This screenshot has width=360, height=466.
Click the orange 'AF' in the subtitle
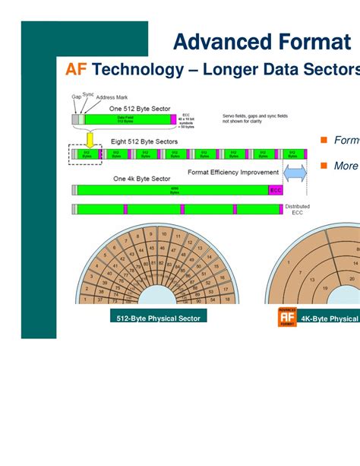point(76,71)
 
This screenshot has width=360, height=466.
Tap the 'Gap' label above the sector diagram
point(76,97)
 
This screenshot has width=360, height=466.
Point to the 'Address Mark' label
point(112,98)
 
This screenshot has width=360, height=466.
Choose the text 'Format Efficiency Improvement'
point(232,173)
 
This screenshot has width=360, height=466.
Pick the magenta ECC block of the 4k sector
point(276,190)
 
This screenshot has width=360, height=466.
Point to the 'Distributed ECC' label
point(297,209)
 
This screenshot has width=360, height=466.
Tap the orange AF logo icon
point(281,318)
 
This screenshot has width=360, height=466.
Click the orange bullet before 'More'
point(323,165)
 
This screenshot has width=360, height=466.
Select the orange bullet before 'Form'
point(323,141)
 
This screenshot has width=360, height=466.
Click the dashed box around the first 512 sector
point(86,154)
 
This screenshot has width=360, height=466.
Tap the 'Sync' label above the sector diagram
point(88,94)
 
